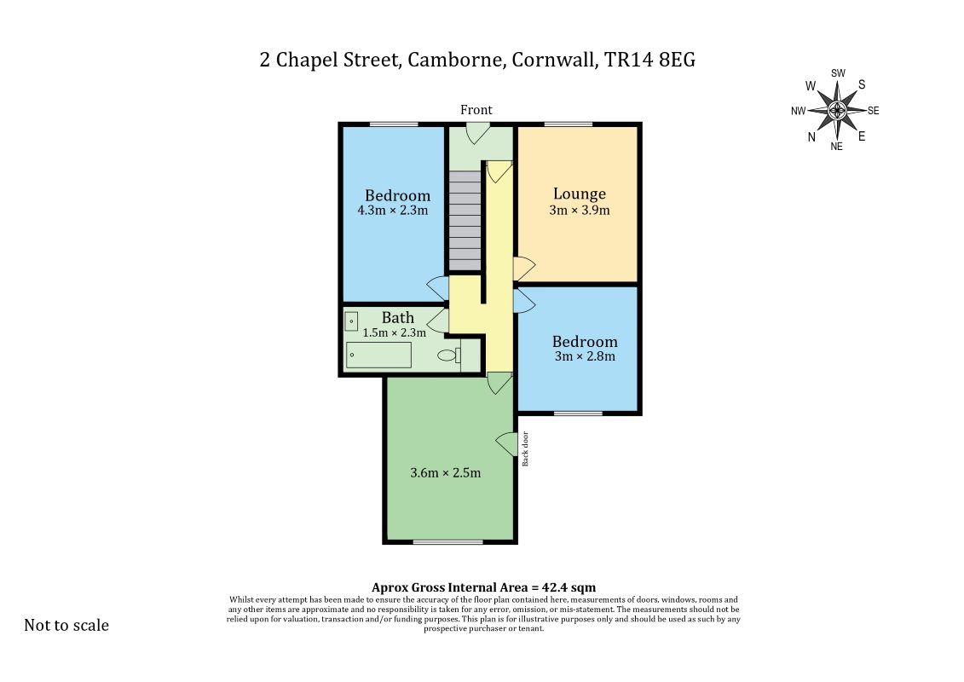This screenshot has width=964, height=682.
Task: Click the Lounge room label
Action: click(579, 194)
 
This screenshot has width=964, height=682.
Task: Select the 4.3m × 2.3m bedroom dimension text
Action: click(393, 211)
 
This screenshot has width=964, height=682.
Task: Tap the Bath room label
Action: click(398, 317)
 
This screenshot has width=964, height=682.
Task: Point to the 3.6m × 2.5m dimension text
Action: click(445, 473)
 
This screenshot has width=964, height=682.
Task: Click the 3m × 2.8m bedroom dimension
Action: click(585, 356)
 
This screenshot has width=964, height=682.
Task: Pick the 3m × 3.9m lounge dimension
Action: click(580, 211)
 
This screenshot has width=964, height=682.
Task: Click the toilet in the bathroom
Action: click(449, 355)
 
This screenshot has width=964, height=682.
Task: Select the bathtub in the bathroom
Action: click(378, 355)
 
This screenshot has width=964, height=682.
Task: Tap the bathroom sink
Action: click(351, 321)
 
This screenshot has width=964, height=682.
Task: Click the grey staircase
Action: click(465, 221)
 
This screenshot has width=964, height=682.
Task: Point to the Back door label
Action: click(525, 449)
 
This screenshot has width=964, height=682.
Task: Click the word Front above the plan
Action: click(476, 110)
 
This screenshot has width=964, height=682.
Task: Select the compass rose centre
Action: click(837, 111)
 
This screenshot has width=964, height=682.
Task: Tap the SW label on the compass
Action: click(838, 73)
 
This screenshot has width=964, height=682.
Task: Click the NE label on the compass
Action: click(837, 147)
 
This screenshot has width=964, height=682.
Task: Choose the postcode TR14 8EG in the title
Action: click(649, 60)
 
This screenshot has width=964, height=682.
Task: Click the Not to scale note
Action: click(66, 626)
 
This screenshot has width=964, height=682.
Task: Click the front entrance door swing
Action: click(476, 134)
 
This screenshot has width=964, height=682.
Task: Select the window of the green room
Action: click(447, 542)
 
